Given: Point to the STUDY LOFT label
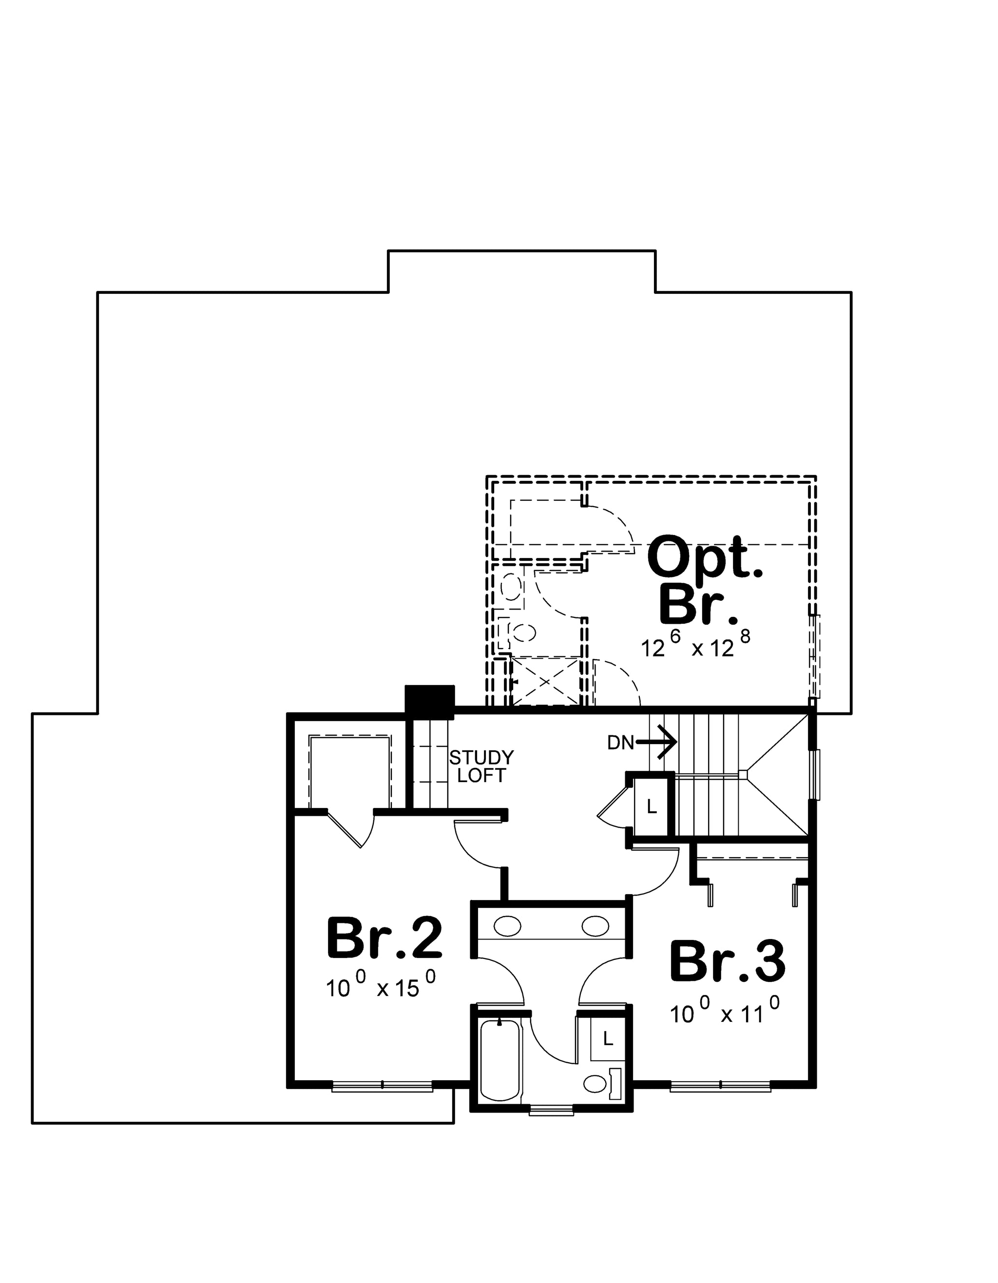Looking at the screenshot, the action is click(481, 766).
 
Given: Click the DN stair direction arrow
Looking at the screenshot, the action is click(657, 743).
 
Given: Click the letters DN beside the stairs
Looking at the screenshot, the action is click(621, 743).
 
